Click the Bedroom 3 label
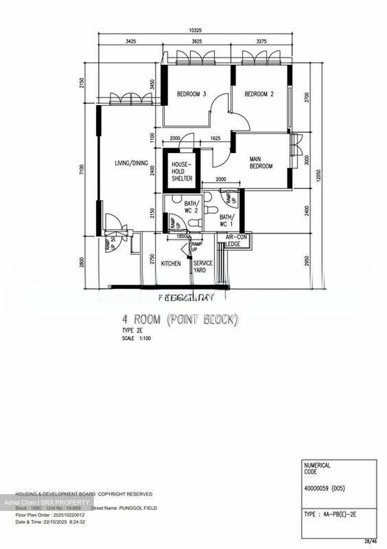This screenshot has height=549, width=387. click(x=191, y=94)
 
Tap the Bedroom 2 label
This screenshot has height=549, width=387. click(x=259, y=94)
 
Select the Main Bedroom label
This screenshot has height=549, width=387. click(x=261, y=162)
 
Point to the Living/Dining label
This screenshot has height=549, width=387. click(x=131, y=163)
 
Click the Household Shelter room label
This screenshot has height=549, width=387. click(x=182, y=171)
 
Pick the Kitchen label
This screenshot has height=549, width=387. click(x=171, y=263)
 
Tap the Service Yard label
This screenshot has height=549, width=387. click(x=202, y=266)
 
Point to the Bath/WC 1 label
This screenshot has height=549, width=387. click(x=226, y=221)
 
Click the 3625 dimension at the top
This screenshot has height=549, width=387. click(x=197, y=41)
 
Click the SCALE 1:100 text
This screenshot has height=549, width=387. click(x=136, y=338)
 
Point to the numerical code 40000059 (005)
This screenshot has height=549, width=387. click(x=324, y=488)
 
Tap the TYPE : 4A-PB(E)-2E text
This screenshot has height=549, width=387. click(x=330, y=514)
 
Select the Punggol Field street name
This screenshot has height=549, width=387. click(x=138, y=508)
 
